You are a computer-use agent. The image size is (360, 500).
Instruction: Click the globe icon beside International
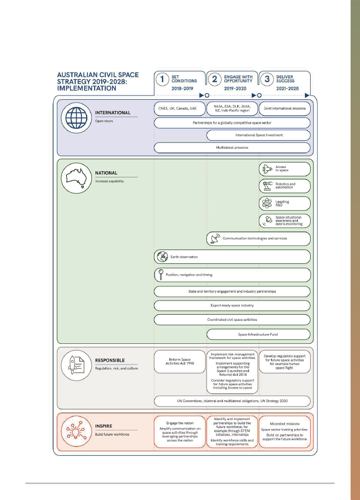point(76,118)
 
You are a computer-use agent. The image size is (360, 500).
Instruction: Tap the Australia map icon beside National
point(76,178)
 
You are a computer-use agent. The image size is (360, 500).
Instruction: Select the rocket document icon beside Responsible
point(76,365)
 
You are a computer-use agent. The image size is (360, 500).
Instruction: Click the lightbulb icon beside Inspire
point(76,431)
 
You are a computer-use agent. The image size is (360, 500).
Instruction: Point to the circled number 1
point(162,79)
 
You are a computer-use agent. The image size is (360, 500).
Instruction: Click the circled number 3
point(267,79)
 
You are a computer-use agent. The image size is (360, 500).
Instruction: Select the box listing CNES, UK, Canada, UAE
point(180,108)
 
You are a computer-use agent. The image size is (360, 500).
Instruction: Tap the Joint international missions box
point(285,108)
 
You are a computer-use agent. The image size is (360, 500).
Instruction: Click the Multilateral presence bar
point(232,148)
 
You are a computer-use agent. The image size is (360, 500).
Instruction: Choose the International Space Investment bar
point(258,135)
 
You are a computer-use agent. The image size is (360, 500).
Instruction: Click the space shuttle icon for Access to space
point(267,169)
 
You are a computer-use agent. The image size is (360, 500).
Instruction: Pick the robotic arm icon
point(267,186)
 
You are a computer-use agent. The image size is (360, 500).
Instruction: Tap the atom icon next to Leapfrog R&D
point(267,203)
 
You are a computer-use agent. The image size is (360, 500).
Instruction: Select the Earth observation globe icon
point(162,257)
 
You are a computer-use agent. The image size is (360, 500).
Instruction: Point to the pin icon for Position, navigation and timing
point(161,275)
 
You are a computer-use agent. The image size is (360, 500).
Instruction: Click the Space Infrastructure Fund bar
point(258,334)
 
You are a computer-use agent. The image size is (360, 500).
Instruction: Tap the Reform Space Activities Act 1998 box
point(180,362)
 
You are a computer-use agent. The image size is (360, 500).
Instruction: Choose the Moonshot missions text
point(285,424)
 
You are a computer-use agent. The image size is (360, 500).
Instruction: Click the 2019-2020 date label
point(235,88)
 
